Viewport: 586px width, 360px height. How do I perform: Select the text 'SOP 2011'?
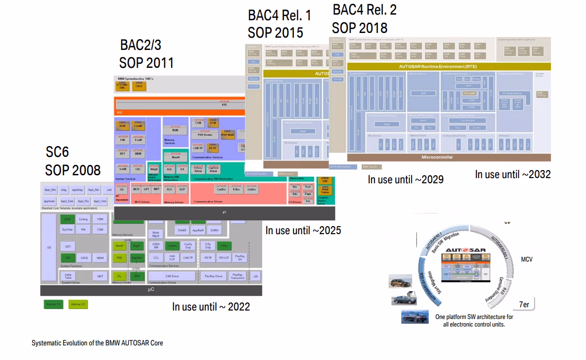pos(146,62)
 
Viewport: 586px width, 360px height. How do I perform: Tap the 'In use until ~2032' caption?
pos(513,174)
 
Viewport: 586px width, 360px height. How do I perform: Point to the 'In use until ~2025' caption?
pos(303,230)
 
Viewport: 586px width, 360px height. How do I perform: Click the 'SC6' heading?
pos(57,152)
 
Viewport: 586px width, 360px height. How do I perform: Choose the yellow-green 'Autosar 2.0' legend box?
pos(78,304)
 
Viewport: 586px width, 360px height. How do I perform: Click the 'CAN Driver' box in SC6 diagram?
pos(172,276)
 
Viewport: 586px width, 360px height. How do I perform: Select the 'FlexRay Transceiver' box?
pos(237,276)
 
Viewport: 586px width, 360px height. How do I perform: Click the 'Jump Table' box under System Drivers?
pos(68,277)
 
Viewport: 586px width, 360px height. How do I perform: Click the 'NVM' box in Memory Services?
pos(175,130)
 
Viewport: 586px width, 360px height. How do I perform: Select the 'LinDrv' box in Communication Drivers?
pos(252,189)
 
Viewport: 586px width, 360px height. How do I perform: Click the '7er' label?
pos(524,304)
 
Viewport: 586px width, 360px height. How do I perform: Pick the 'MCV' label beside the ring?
pos(527,259)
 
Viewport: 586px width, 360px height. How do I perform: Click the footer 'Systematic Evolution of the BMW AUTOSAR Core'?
pos(97,343)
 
